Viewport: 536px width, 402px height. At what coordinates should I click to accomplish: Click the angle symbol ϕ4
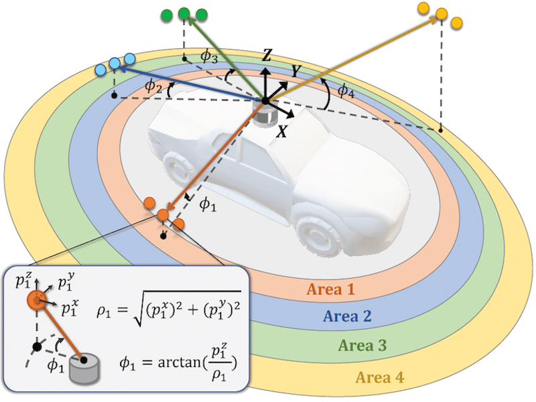[x=345, y=90]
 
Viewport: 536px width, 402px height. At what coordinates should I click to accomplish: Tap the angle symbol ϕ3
[x=210, y=59]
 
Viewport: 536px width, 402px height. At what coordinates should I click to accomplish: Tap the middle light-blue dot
[x=115, y=63]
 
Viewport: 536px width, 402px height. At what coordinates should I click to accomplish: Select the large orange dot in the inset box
[x=34, y=299]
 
